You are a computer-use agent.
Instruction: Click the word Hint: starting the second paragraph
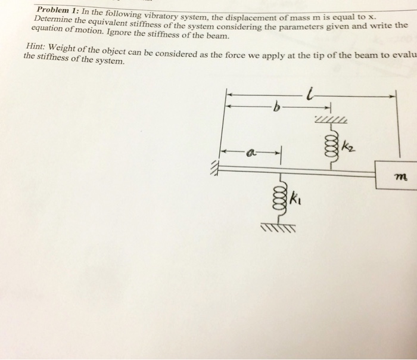(39, 48)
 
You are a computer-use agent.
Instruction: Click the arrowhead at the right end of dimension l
(394, 95)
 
